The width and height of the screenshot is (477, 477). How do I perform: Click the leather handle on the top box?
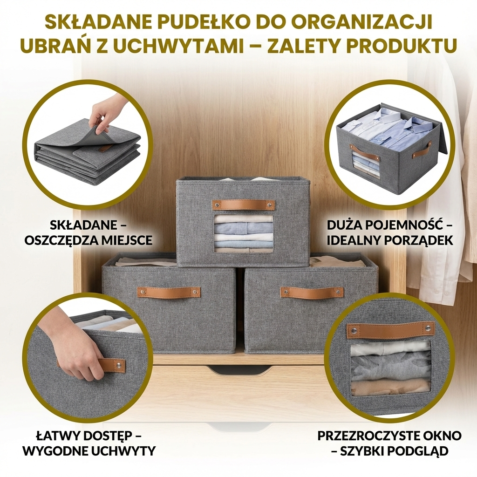click(243, 205)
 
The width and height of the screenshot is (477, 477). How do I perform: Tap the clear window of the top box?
click(243, 233)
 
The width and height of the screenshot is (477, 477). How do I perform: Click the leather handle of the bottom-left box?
click(169, 292)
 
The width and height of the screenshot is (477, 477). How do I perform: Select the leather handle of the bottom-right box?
click(312, 293)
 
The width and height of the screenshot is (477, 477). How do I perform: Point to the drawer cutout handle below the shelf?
click(238, 370)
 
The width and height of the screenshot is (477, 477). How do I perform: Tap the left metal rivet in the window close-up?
click(353, 331)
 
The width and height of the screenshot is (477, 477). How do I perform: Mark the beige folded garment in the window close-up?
click(389, 386)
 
